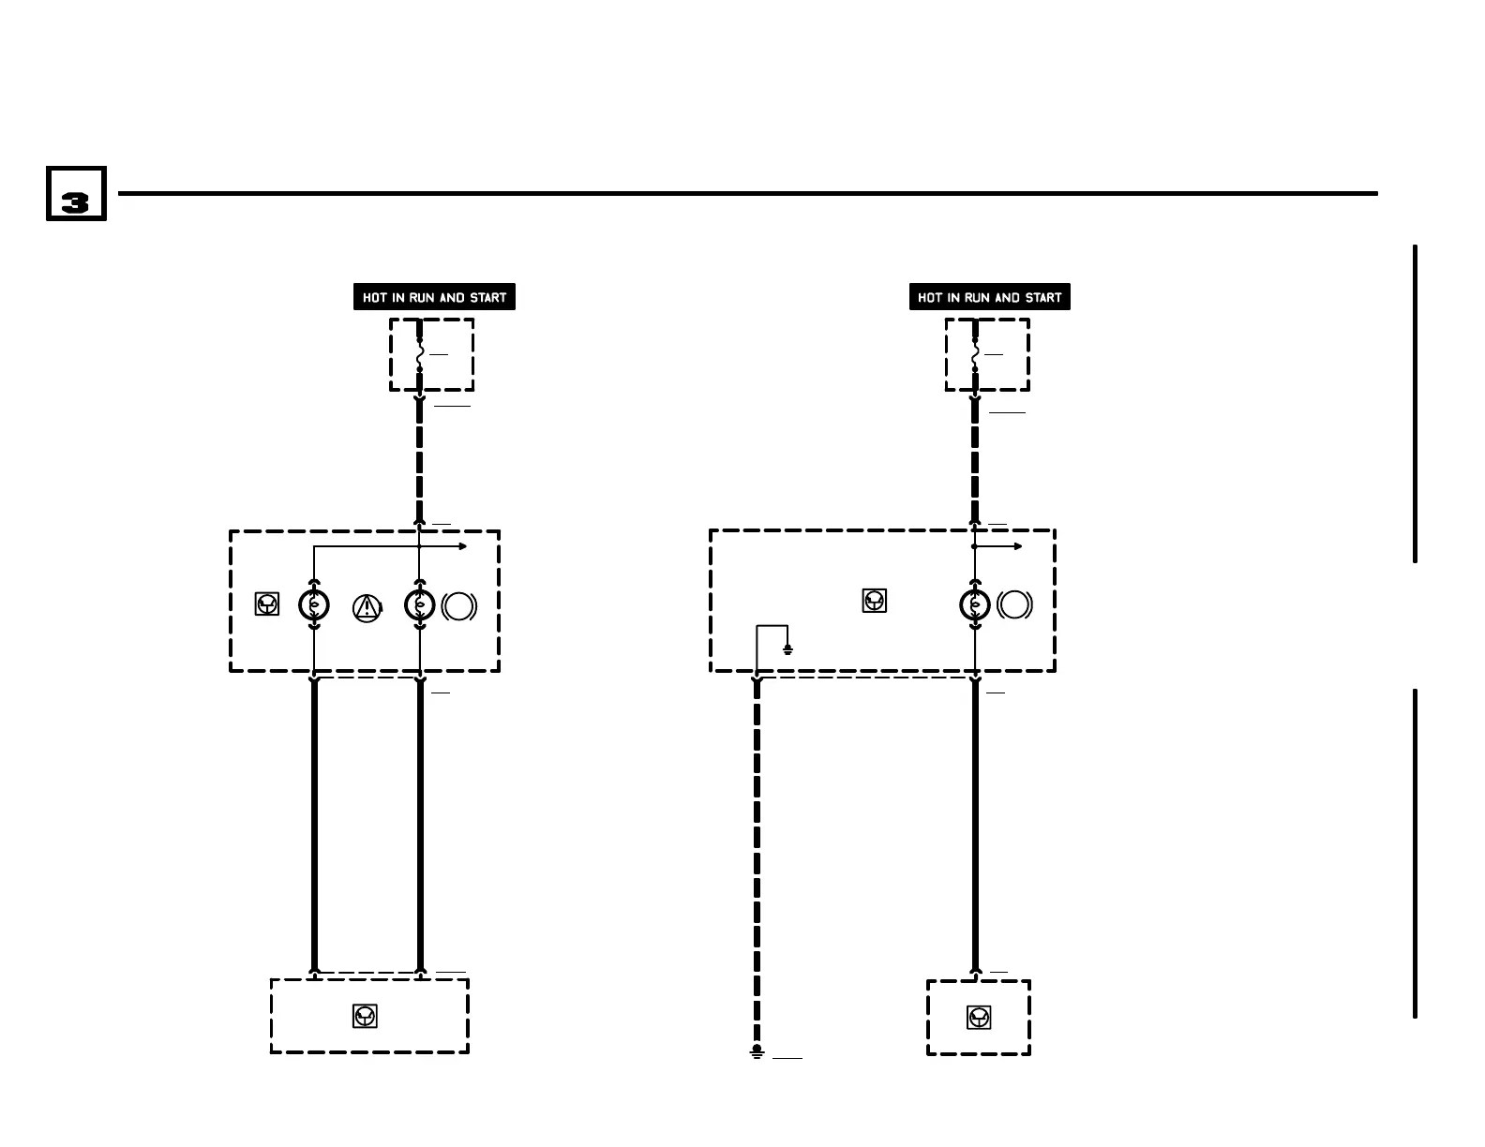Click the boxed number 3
coord(76,195)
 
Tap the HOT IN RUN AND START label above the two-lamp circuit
coord(434,297)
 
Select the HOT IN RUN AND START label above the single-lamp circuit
coord(989,297)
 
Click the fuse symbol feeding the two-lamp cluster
coord(419,354)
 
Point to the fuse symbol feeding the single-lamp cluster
coord(975,354)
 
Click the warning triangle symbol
coord(367,607)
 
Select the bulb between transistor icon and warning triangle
coord(314,605)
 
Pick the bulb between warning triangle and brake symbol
coord(419,605)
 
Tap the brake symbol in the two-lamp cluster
coord(459,606)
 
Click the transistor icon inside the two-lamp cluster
coord(267,604)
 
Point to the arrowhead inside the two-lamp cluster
coord(462,546)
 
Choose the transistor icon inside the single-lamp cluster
coord(874,601)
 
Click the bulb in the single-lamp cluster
coord(975,605)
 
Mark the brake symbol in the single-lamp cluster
coord(1015,605)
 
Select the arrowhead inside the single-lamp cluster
coord(1018,546)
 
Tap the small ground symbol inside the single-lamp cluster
coord(787,648)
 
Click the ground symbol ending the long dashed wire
coord(757,1052)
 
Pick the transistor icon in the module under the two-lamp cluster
coord(365,1016)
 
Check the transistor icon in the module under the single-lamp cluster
coord(979,1017)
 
